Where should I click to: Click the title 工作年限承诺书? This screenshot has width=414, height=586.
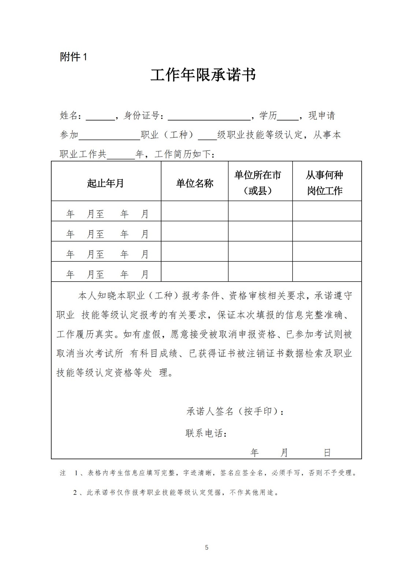(203, 75)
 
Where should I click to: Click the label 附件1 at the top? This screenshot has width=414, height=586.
(74, 57)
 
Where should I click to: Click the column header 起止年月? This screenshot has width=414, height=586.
(105, 183)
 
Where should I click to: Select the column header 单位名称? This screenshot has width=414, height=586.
(194, 183)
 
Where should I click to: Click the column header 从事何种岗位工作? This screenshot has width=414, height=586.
(325, 183)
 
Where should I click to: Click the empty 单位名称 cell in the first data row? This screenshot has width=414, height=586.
(194, 211)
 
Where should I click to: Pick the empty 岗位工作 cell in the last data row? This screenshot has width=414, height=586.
(327, 271)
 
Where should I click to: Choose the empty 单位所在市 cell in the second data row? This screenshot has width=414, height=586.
(260, 231)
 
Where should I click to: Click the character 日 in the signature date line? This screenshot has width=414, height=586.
(327, 453)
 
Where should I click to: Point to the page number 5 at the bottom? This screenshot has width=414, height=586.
(207, 548)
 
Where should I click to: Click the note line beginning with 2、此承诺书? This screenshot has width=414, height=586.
(176, 493)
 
